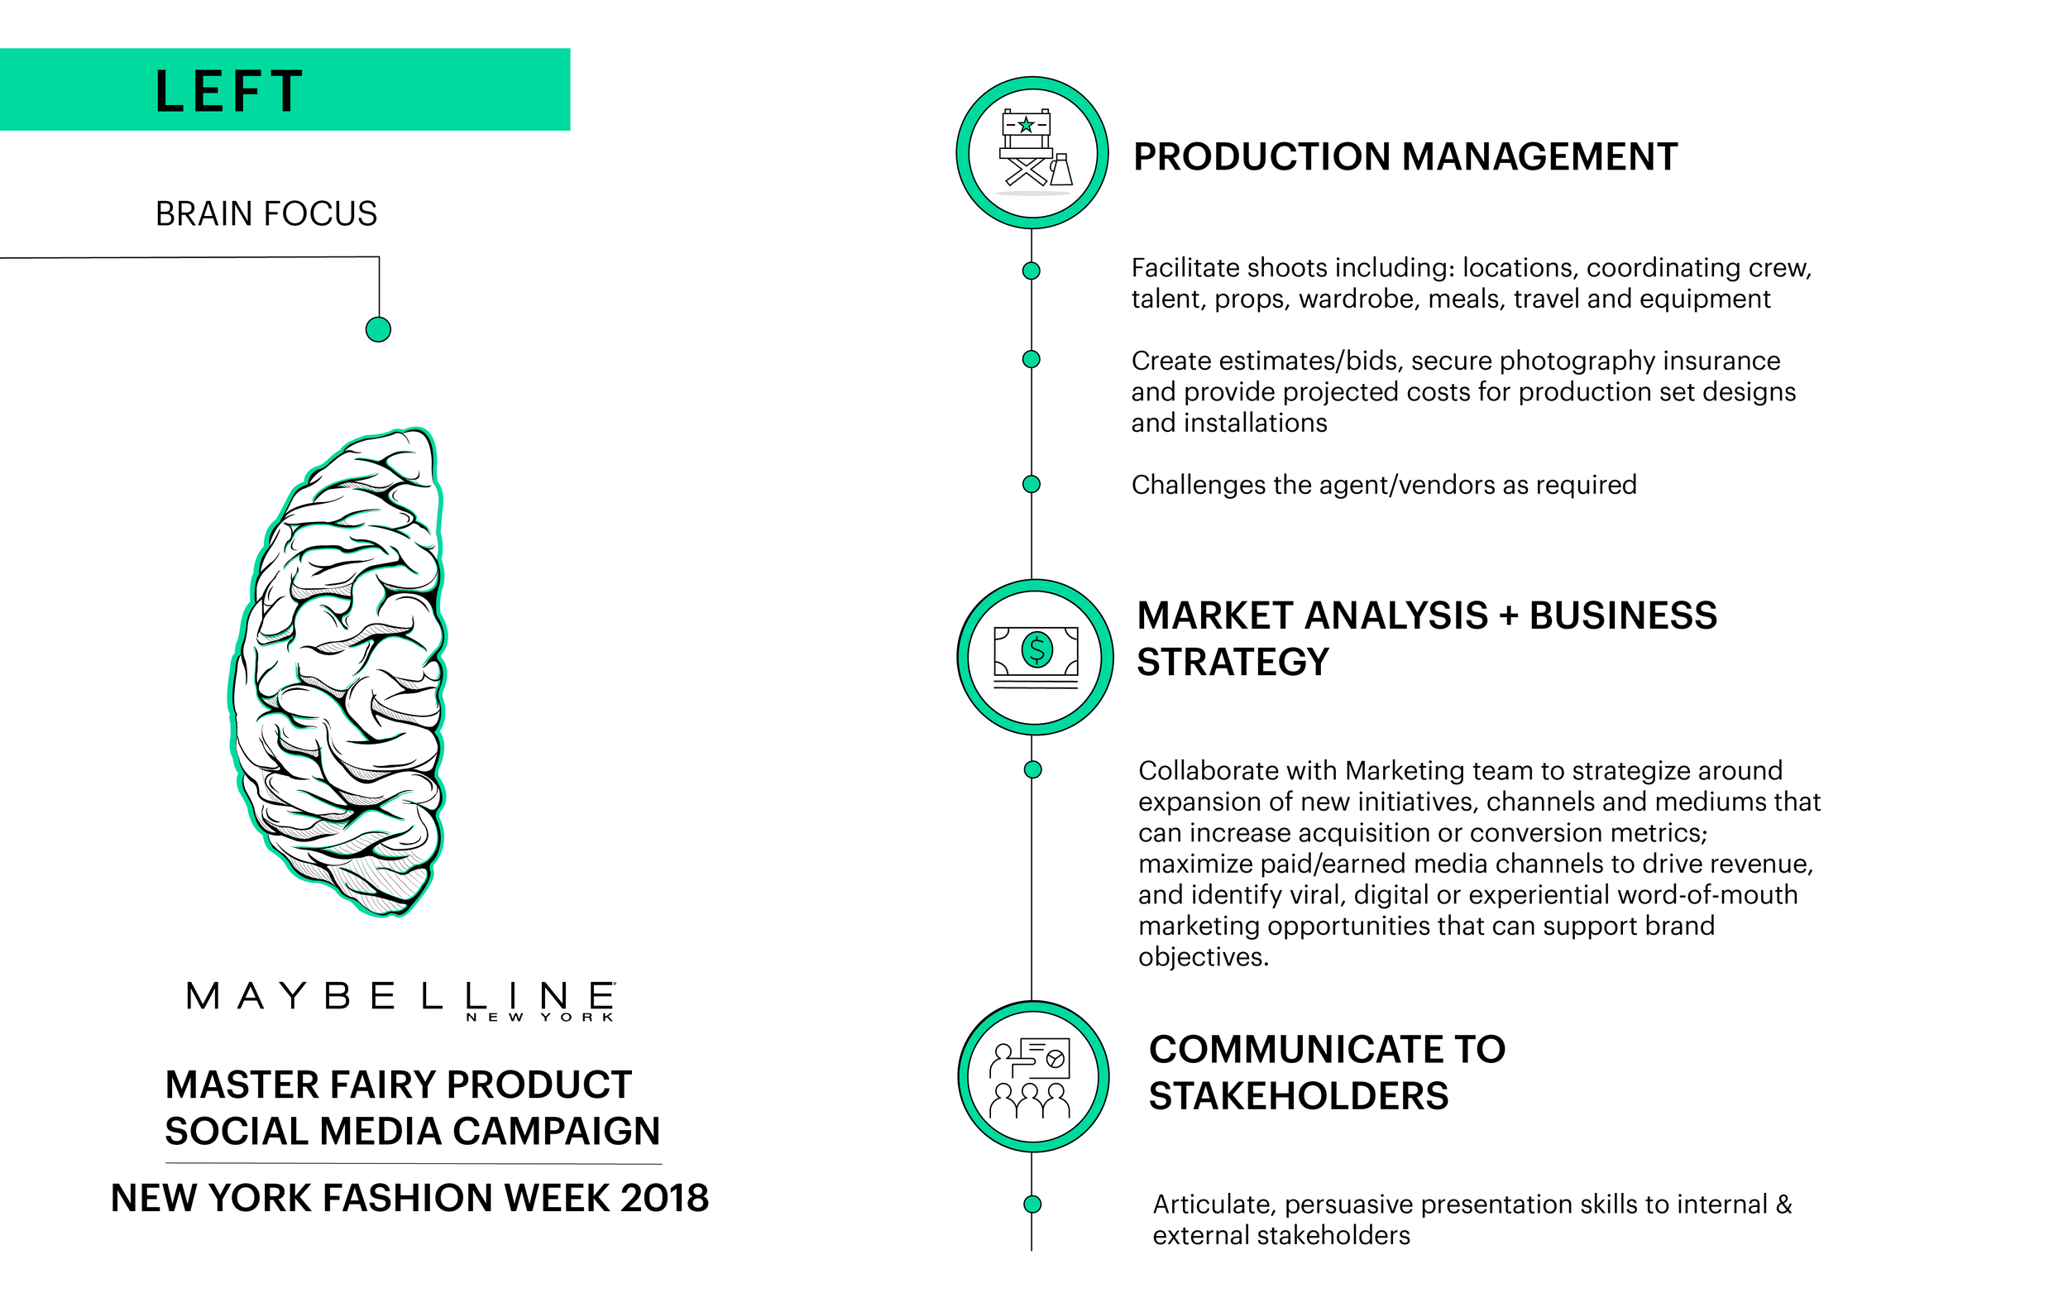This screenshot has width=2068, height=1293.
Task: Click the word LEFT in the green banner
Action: click(229, 92)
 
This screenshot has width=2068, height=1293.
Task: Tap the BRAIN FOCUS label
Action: click(266, 213)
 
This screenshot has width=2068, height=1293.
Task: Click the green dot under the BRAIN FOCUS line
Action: click(378, 329)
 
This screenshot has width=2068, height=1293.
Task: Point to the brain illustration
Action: click(338, 671)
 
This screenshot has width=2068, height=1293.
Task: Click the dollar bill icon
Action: click(1036, 657)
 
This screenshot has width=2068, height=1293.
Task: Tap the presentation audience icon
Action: click(1032, 1077)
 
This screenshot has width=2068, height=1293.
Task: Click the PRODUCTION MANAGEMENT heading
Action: click(1405, 157)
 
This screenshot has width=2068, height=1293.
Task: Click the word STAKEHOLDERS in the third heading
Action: click(1298, 1096)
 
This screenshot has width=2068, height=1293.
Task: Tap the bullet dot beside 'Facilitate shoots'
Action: click(1031, 271)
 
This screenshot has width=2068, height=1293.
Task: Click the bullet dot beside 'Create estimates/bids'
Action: click(1031, 359)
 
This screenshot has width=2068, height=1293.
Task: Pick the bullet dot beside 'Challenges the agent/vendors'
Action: click(1031, 484)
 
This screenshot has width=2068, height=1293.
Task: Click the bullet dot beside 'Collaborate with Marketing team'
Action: click(1032, 769)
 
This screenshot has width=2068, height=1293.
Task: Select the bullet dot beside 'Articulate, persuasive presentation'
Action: click(1032, 1204)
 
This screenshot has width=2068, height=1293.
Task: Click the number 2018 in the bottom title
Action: click(664, 1198)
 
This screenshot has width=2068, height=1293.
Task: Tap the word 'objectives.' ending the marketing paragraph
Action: click(1203, 957)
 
